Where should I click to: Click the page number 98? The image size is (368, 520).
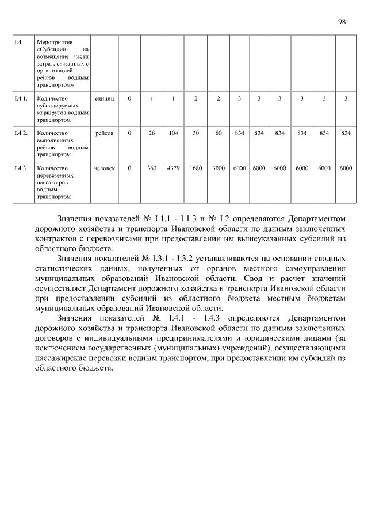click(342, 21)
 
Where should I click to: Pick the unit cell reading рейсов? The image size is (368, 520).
click(104, 133)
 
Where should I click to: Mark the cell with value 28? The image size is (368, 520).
click(152, 133)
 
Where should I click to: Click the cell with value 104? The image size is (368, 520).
click(173, 133)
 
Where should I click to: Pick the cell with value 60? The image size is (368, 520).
click(218, 133)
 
